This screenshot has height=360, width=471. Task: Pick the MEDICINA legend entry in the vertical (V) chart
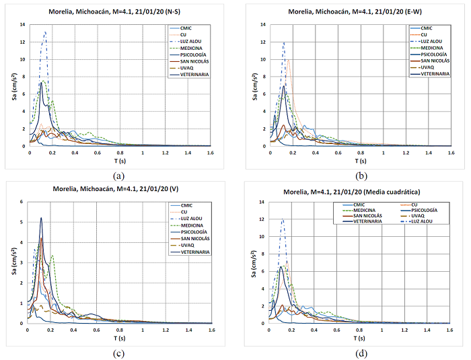(194, 225)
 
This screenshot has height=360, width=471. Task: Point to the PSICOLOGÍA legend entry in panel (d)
(425, 210)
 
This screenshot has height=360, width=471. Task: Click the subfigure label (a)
(119, 176)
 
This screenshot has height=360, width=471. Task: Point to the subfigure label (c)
(119, 353)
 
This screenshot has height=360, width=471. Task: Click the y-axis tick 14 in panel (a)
(23, 25)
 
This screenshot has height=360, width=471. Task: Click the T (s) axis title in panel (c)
(119, 338)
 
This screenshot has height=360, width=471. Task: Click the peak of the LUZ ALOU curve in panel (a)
(45, 32)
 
